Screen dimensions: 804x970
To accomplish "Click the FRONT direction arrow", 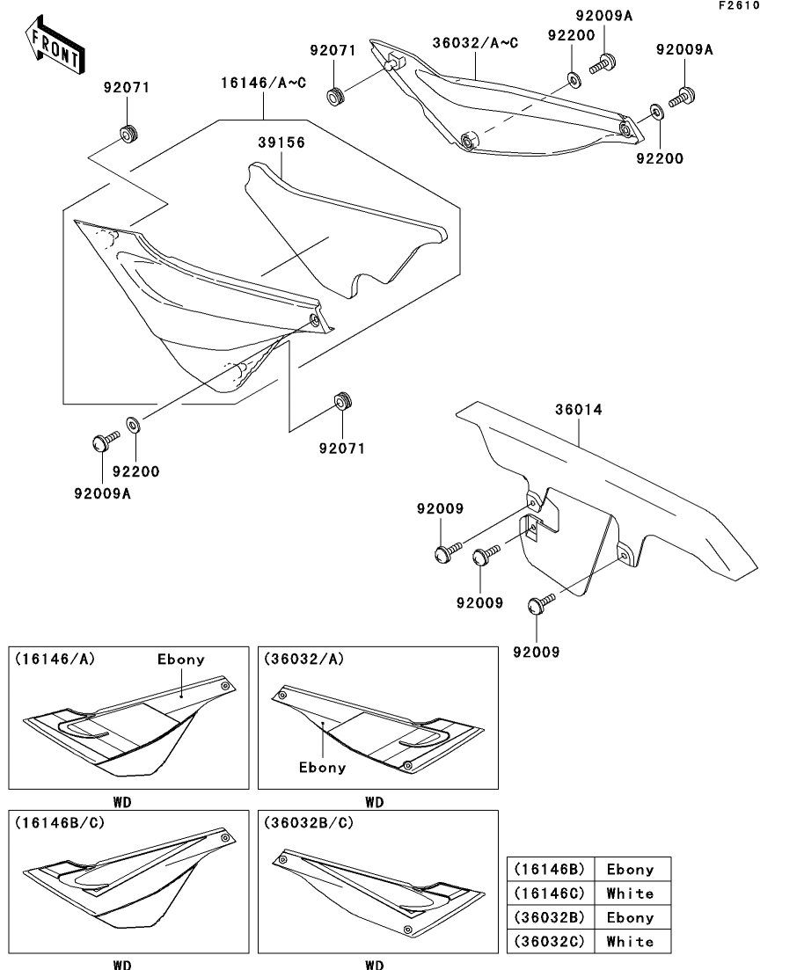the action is [55, 46].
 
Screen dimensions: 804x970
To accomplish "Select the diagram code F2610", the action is [738, 5].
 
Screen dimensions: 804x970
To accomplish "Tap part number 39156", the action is [281, 142].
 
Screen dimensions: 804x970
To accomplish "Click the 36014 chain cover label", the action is [578, 409].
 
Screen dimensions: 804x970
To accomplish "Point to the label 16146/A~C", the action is [264, 83].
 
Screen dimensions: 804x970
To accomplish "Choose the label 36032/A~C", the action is [475, 43].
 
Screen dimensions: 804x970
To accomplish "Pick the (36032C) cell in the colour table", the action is [550, 942].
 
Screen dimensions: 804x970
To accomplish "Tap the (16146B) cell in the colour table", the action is [550, 869].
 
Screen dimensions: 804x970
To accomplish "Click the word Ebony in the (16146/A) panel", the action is [180, 660].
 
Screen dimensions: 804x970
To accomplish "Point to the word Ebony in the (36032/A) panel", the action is [323, 768].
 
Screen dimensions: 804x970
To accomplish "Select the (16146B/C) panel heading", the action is [60, 823].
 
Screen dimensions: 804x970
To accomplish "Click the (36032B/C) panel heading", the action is [309, 823].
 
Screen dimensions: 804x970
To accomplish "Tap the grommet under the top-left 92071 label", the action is [128, 133].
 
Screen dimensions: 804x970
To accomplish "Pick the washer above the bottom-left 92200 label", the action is [133, 425].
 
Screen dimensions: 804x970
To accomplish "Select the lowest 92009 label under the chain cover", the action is [536, 652].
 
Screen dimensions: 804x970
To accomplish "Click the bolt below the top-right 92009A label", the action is [682, 98].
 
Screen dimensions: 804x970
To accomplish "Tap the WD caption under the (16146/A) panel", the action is [122, 802].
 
